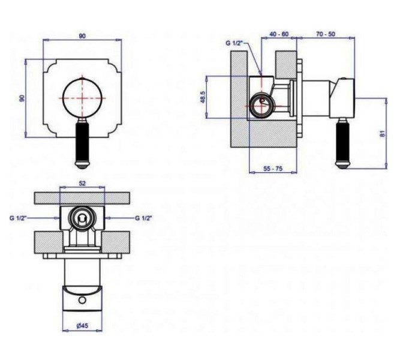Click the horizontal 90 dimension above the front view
click(82, 36)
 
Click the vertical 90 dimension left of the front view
click(22, 98)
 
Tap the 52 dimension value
click(82, 183)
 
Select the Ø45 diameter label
click(82, 326)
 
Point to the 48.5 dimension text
click(203, 97)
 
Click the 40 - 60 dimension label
click(279, 34)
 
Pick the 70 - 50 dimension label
click(326, 34)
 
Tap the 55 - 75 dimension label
click(273, 169)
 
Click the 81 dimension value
click(383, 133)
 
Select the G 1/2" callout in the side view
click(234, 43)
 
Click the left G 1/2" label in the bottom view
click(18, 218)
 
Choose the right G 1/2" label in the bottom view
click(143, 218)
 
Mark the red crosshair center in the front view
click(82, 98)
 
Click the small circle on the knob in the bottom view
click(82, 300)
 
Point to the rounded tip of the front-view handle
click(82, 165)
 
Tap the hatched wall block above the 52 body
click(82, 198)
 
